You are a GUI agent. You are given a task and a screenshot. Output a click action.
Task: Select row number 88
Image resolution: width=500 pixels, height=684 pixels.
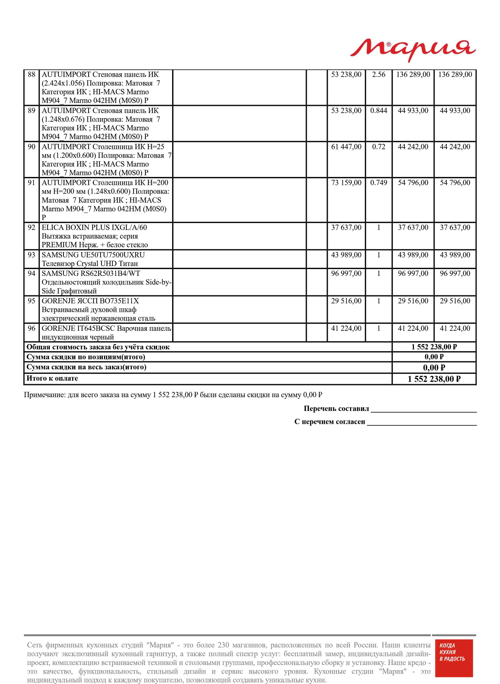point(31,74)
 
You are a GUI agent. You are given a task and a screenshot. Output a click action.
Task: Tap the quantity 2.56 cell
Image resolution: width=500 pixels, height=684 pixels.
point(379,74)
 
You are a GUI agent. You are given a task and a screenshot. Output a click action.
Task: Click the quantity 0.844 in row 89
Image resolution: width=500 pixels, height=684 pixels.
point(379,111)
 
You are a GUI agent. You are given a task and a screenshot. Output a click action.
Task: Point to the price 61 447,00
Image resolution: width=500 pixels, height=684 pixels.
point(346,147)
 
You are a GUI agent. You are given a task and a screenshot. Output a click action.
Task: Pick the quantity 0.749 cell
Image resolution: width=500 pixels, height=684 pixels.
point(379,183)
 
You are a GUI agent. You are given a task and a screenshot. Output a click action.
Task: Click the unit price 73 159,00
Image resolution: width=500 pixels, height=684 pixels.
point(346,183)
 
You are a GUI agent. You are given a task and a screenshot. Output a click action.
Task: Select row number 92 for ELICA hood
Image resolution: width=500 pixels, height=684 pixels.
point(31,227)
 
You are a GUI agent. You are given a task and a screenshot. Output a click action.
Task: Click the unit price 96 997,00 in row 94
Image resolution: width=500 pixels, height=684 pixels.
point(346,273)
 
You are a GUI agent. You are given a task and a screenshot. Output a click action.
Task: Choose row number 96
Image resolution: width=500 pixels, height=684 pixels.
point(31,328)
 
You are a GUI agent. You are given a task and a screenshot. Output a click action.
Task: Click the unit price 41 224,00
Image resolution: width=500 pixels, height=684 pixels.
point(346,328)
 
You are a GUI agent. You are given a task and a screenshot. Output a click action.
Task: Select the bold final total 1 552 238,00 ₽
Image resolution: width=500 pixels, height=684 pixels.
point(434,379)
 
